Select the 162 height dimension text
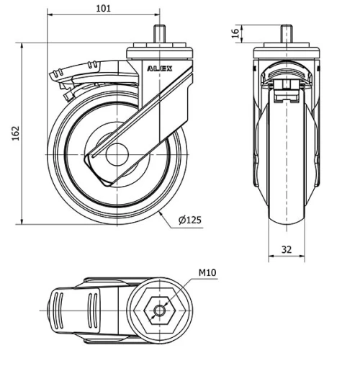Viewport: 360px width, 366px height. pos(15,133)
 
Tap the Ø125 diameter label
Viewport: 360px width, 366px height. pos(189,219)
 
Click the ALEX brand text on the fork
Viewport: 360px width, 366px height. pos(160,68)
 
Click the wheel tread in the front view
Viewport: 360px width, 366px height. pos(287,216)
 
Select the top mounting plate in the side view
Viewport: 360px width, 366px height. pos(158,52)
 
